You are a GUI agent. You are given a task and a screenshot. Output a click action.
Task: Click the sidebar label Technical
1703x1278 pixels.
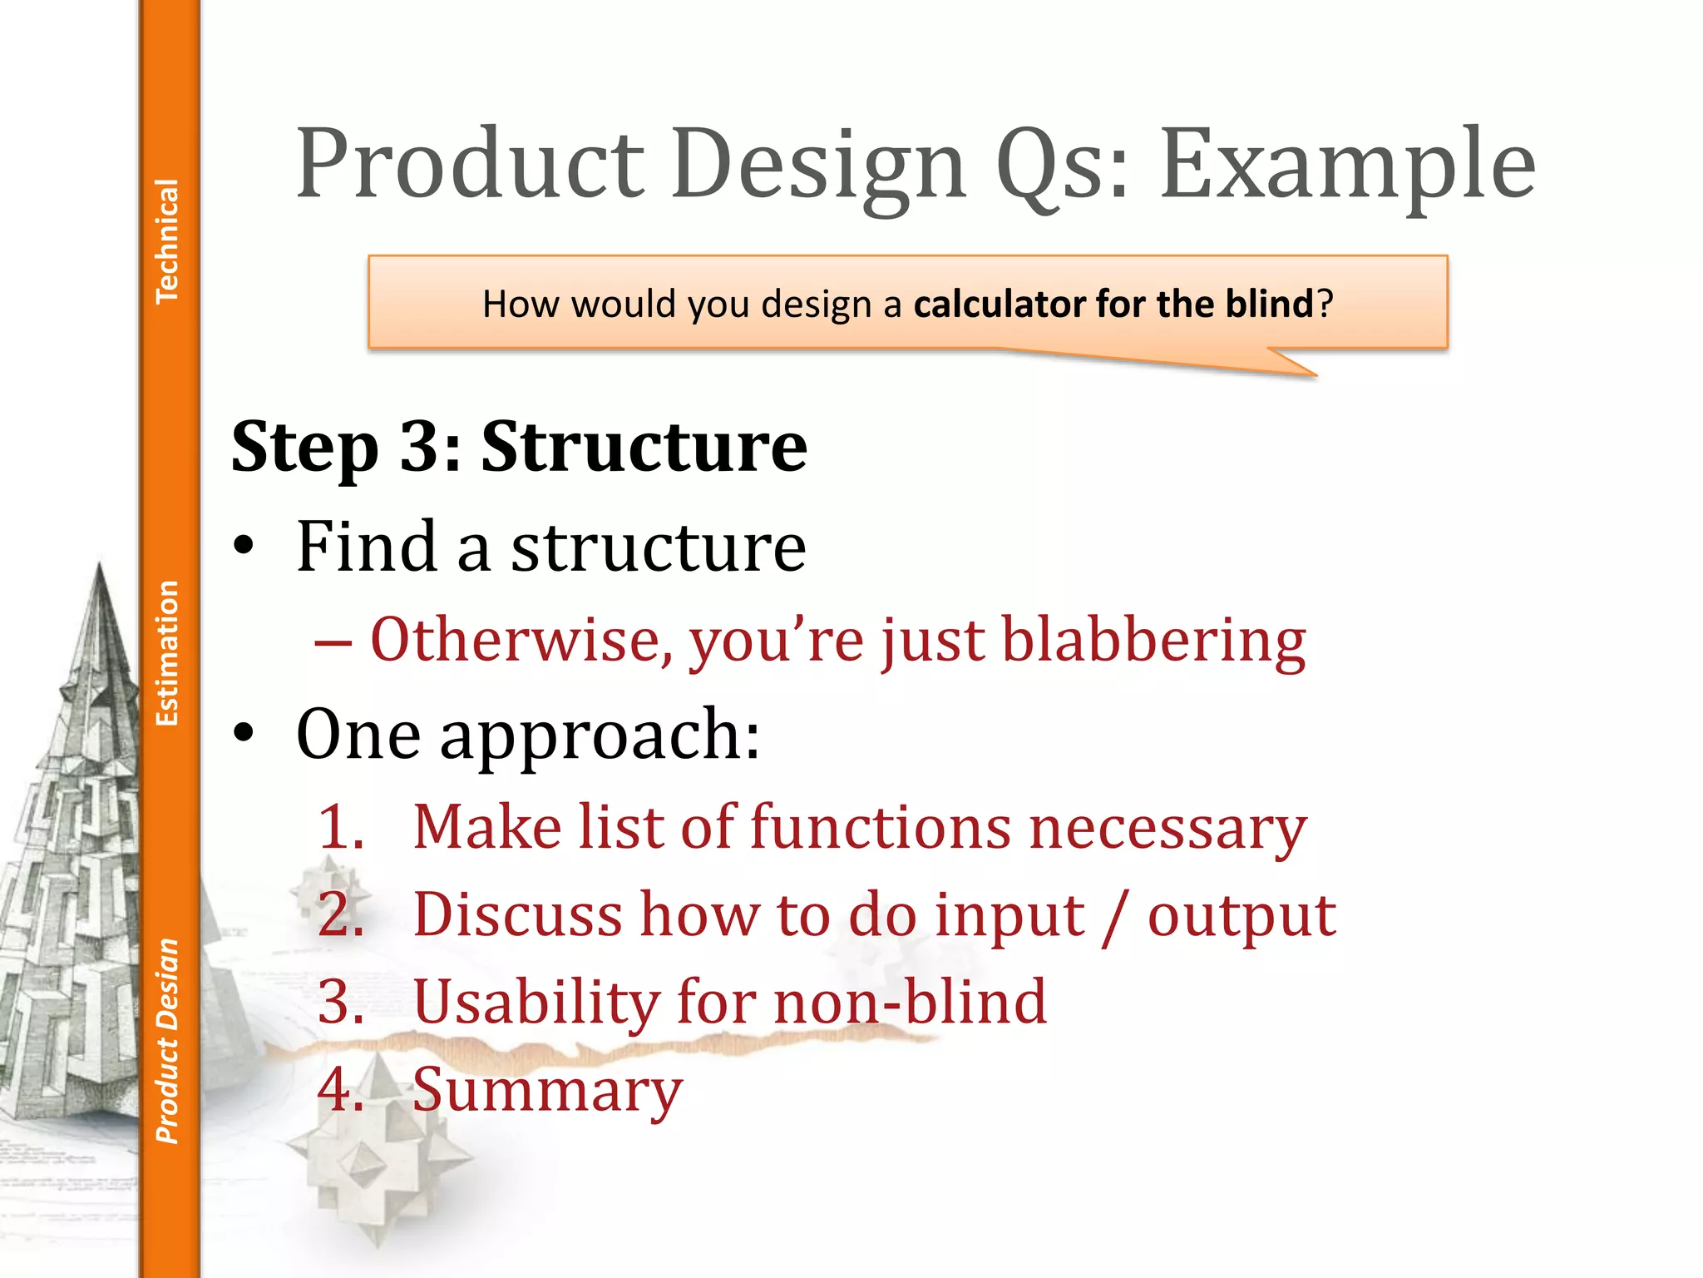click(167, 240)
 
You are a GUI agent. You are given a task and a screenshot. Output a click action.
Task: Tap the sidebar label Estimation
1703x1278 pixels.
click(167, 653)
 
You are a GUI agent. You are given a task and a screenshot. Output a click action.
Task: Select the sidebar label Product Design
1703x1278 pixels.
click(167, 1041)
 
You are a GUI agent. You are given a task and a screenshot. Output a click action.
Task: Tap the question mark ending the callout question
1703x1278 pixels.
click(1325, 304)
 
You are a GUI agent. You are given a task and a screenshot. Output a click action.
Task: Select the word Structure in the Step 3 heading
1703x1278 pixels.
click(644, 447)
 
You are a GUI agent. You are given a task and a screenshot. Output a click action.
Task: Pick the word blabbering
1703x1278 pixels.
click(1153, 641)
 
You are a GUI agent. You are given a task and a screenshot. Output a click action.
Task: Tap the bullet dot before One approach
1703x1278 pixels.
click(243, 734)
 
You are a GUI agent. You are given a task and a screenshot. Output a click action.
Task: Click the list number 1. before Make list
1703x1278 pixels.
click(342, 827)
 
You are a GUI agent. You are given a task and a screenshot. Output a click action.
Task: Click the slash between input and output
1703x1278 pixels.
click(1115, 916)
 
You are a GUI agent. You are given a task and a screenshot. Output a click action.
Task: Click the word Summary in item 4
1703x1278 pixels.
click(547, 1090)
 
